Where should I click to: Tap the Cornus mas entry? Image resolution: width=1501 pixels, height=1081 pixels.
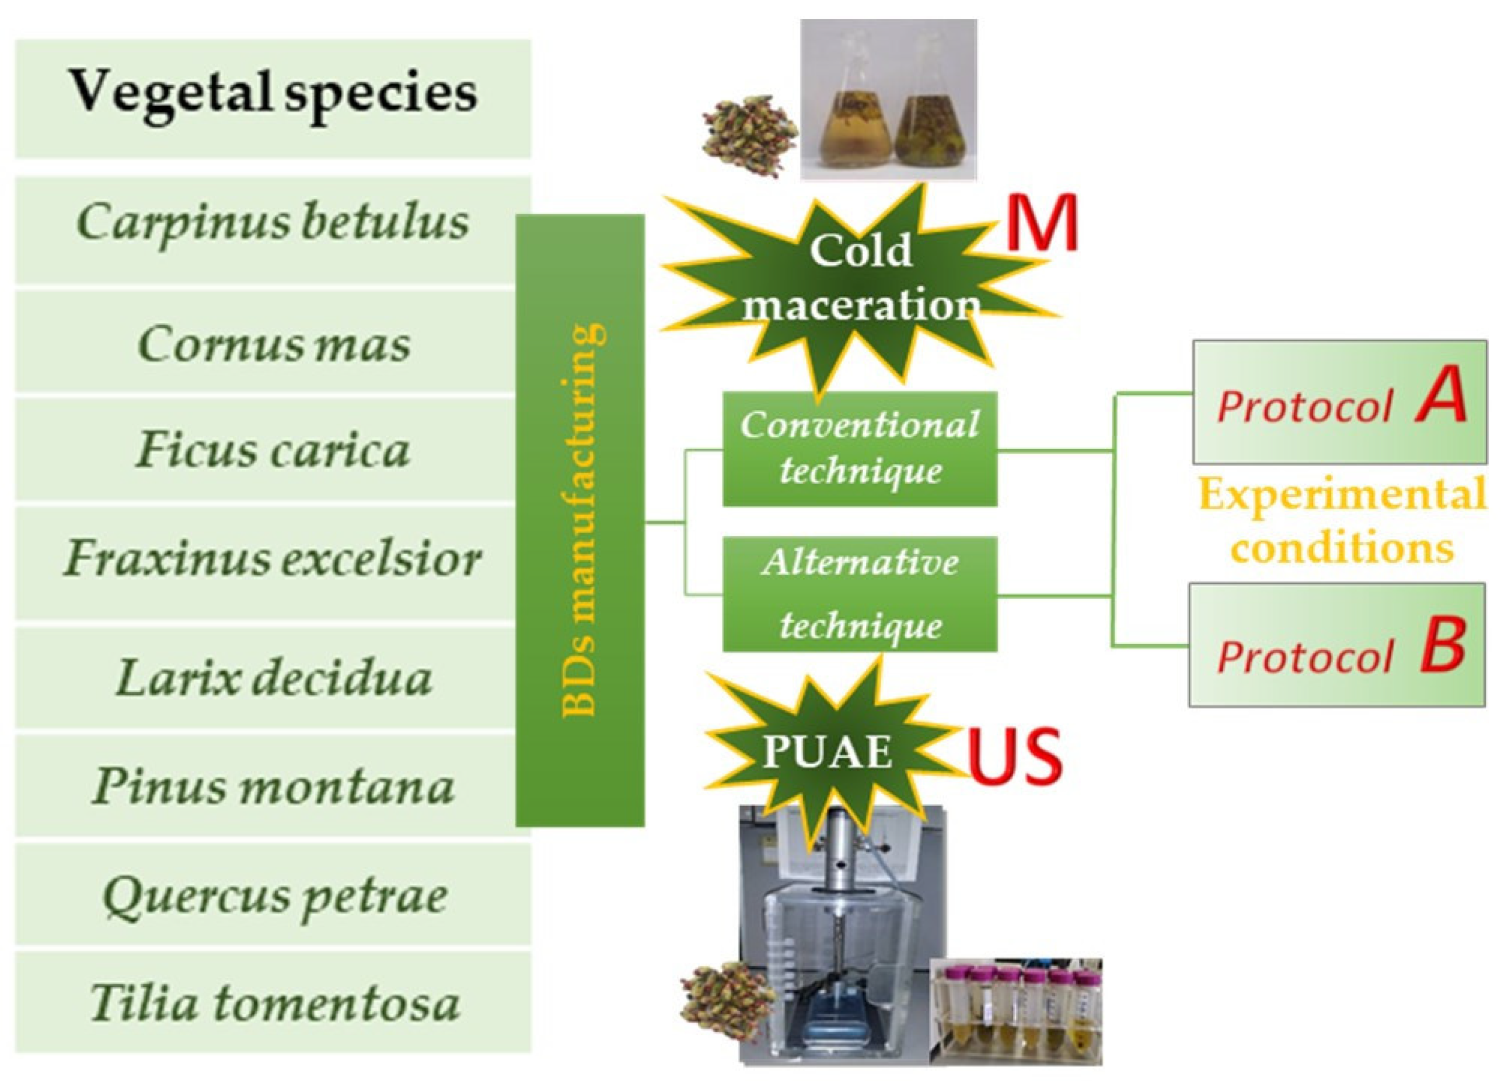tap(273, 344)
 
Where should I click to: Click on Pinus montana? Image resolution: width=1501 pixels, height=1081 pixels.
tap(273, 787)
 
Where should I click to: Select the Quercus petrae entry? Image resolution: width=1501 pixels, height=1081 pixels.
tap(273, 897)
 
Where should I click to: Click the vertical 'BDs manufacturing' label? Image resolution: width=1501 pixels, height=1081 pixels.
tap(581, 520)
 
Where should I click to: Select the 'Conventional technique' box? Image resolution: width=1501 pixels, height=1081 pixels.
tap(859, 449)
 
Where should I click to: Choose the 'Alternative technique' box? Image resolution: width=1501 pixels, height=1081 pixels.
tap(859, 594)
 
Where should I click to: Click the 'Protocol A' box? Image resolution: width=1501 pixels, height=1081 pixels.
tap(1338, 402)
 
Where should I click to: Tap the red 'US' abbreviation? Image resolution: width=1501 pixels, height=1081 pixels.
tap(1015, 755)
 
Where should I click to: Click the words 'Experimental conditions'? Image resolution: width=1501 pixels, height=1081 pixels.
tap(1342, 523)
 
